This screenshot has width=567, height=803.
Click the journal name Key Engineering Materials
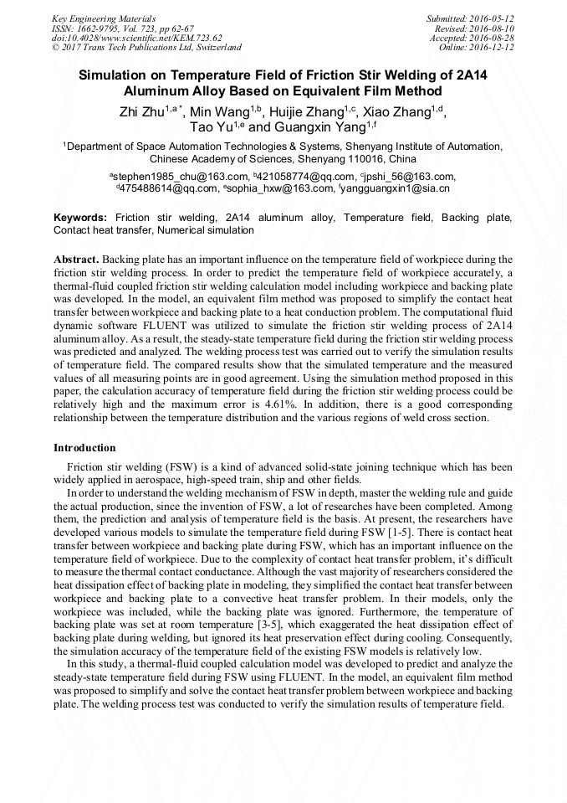[104, 18]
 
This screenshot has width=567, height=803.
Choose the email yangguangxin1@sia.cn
[396, 188]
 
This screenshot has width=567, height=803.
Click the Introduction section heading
[84, 448]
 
